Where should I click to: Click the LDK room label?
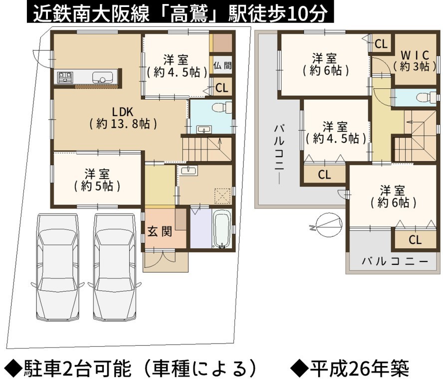(x=123, y=118)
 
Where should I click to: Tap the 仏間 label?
(x=222, y=65)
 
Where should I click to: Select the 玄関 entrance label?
(x=160, y=232)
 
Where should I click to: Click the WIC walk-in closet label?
(x=415, y=61)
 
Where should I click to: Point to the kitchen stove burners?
(x=65, y=77)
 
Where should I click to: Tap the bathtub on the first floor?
(x=221, y=229)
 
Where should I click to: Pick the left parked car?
(x=58, y=267)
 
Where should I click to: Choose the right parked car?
(x=115, y=267)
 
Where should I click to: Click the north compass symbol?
(x=329, y=225)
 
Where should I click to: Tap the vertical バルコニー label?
(x=279, y=154)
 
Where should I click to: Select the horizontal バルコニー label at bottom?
(x=395, y=261)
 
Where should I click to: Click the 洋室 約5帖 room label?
(x=97, y=180)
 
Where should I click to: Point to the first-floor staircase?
(x=207, y=149)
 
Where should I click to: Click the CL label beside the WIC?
(x=381, y=44)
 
